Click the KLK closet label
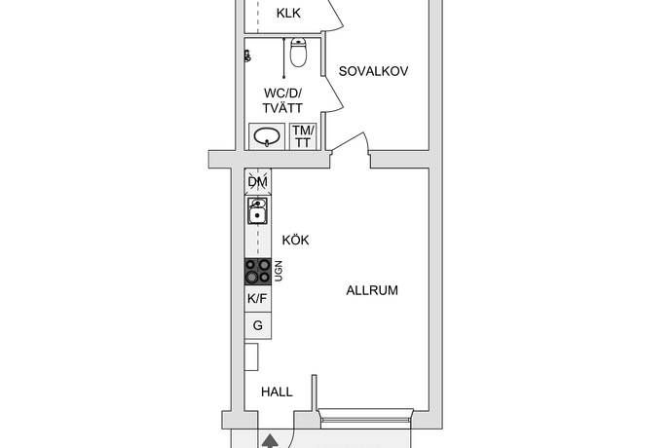[x=288, y=14]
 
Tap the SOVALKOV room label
[x=373, y=71]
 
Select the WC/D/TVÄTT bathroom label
[x=282, y=100]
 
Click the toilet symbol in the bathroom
[x=298, y=53]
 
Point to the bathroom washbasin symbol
[x=267, y=136]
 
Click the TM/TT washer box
[x=304, y=136]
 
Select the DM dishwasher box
[x=258, y=182]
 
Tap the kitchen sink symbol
[x=257, y=210]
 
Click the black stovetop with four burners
[x=257, y=272]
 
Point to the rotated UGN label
[x=279, y=271]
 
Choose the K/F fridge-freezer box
[x=257, y=299]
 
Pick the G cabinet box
[x=257, y=326]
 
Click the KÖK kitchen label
[x=295, y=241]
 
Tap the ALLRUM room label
[x=372, y=290]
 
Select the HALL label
[x=277, y=392]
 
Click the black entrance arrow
[x=270, y=441]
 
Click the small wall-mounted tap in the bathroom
[x=247, y=56]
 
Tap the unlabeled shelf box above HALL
[x=251, y=356]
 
